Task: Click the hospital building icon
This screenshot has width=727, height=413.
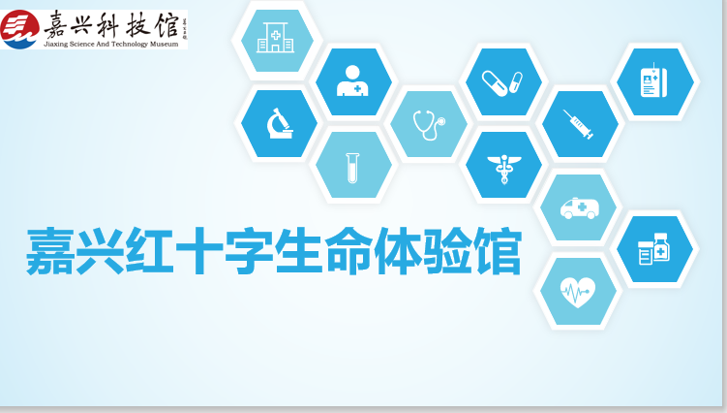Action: point(275,37)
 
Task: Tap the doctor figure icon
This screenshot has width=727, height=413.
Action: point(352,80)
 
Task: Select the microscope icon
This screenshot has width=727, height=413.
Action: point(280,123)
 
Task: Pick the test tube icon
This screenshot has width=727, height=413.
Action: point(352,168)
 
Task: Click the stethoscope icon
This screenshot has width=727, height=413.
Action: point(430,124)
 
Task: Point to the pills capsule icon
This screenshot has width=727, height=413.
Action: point(502,82)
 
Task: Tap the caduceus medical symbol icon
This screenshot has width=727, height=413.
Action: point(504,169)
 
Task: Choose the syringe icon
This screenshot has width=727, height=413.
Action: point(578,124)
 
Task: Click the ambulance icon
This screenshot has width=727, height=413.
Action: point(580,208)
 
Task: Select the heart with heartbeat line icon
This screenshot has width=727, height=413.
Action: point(578,292)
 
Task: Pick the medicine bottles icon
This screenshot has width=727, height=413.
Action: point(654,249)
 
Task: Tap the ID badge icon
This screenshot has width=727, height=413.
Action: point(653,80)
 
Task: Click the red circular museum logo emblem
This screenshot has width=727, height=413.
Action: point(19,29)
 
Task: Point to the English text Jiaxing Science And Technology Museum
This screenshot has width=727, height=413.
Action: point(110,45)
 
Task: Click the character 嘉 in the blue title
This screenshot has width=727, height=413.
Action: point(50,251)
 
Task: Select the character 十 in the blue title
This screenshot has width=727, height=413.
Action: point(199,251)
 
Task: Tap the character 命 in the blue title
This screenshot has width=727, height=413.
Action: point(349,251)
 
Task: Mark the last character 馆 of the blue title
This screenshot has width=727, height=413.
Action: point(497,251)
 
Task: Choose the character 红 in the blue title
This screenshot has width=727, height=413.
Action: point(149,251)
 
